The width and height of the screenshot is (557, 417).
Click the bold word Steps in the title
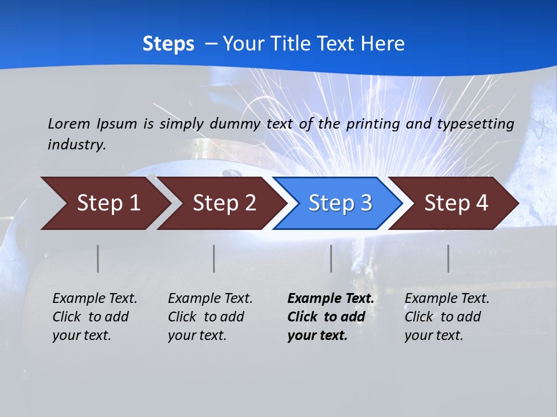168,44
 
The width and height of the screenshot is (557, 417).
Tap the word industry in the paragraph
77,144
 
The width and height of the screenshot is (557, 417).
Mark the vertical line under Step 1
98,258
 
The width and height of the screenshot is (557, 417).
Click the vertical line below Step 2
214,258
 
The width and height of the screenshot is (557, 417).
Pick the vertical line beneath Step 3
331,258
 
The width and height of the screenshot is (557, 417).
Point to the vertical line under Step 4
448,258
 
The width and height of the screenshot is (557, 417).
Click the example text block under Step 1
95,317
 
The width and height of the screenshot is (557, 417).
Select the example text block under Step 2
210,317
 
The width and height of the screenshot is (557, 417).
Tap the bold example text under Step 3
331,317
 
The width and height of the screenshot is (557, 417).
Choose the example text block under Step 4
447,317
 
